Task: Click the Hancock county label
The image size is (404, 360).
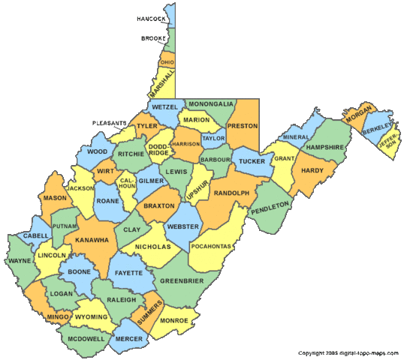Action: pos(151,18)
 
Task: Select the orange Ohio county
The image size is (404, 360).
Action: pos(167,61)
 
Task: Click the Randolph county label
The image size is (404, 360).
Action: pos(231,193)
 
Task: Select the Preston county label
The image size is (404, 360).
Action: pos(243,126)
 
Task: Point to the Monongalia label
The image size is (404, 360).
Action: pos(211,103)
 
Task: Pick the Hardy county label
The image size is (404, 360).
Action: pos(312,170)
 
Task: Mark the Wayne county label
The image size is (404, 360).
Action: pos(20,262)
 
